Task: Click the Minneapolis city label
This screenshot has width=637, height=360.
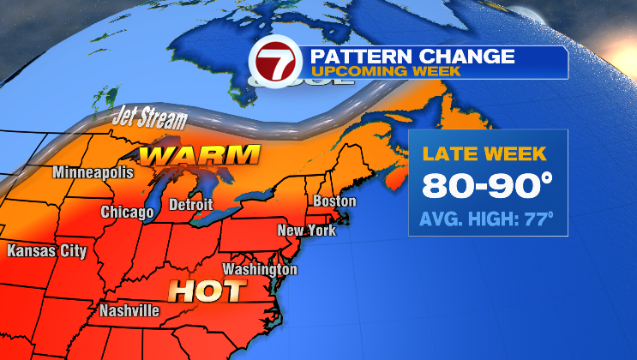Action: pyautogui.click(x=93, y=172)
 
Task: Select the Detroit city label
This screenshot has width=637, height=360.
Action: pyautogui.click(x=190, y=206)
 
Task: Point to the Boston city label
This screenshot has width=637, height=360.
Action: pyautogui.click(x=334, y=201)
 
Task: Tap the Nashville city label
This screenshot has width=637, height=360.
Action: pyautogui.click(x=129, y=310)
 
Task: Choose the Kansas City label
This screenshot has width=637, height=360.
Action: pyautogui.click(x=46, y=251)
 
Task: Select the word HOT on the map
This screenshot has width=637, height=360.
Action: pyautogui.click(x=205, y=291)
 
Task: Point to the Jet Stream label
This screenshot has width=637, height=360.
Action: pyautogui.click(x=139, y=119)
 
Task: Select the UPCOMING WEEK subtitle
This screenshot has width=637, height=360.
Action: pyautogui.click(x=385, y=71)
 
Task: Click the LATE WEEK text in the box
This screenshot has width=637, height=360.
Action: pyautogui.click(x=484, y=156)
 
